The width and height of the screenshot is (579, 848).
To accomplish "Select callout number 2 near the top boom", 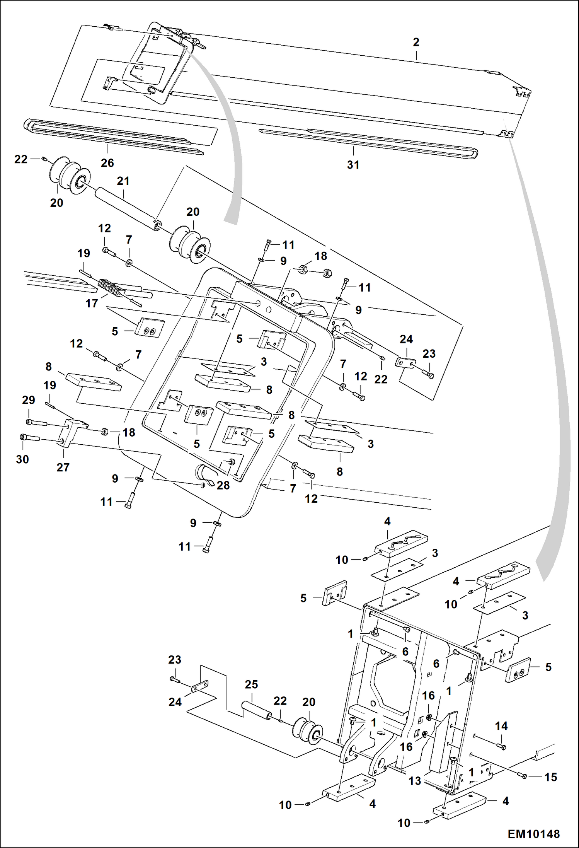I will click(416, 42).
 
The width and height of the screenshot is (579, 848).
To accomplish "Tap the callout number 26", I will click(107, 163).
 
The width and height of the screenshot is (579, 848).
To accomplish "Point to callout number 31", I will click(353, 165).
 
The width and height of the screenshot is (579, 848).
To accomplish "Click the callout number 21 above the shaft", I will click(123, 181).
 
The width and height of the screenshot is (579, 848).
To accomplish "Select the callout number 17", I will click(92, 303).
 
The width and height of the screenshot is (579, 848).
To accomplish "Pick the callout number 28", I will click(223, 485).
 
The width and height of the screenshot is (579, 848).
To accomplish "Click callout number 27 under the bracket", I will click(63, 467).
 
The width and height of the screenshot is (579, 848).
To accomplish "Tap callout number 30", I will click(22, 459).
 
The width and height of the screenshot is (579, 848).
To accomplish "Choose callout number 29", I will click(29, 400).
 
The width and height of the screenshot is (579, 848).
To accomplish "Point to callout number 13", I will click(414, 781).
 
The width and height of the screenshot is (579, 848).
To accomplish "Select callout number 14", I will click(501, 726).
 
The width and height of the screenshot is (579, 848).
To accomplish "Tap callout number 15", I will click(550, 777).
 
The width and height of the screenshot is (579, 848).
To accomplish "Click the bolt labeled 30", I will click(29, 438).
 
